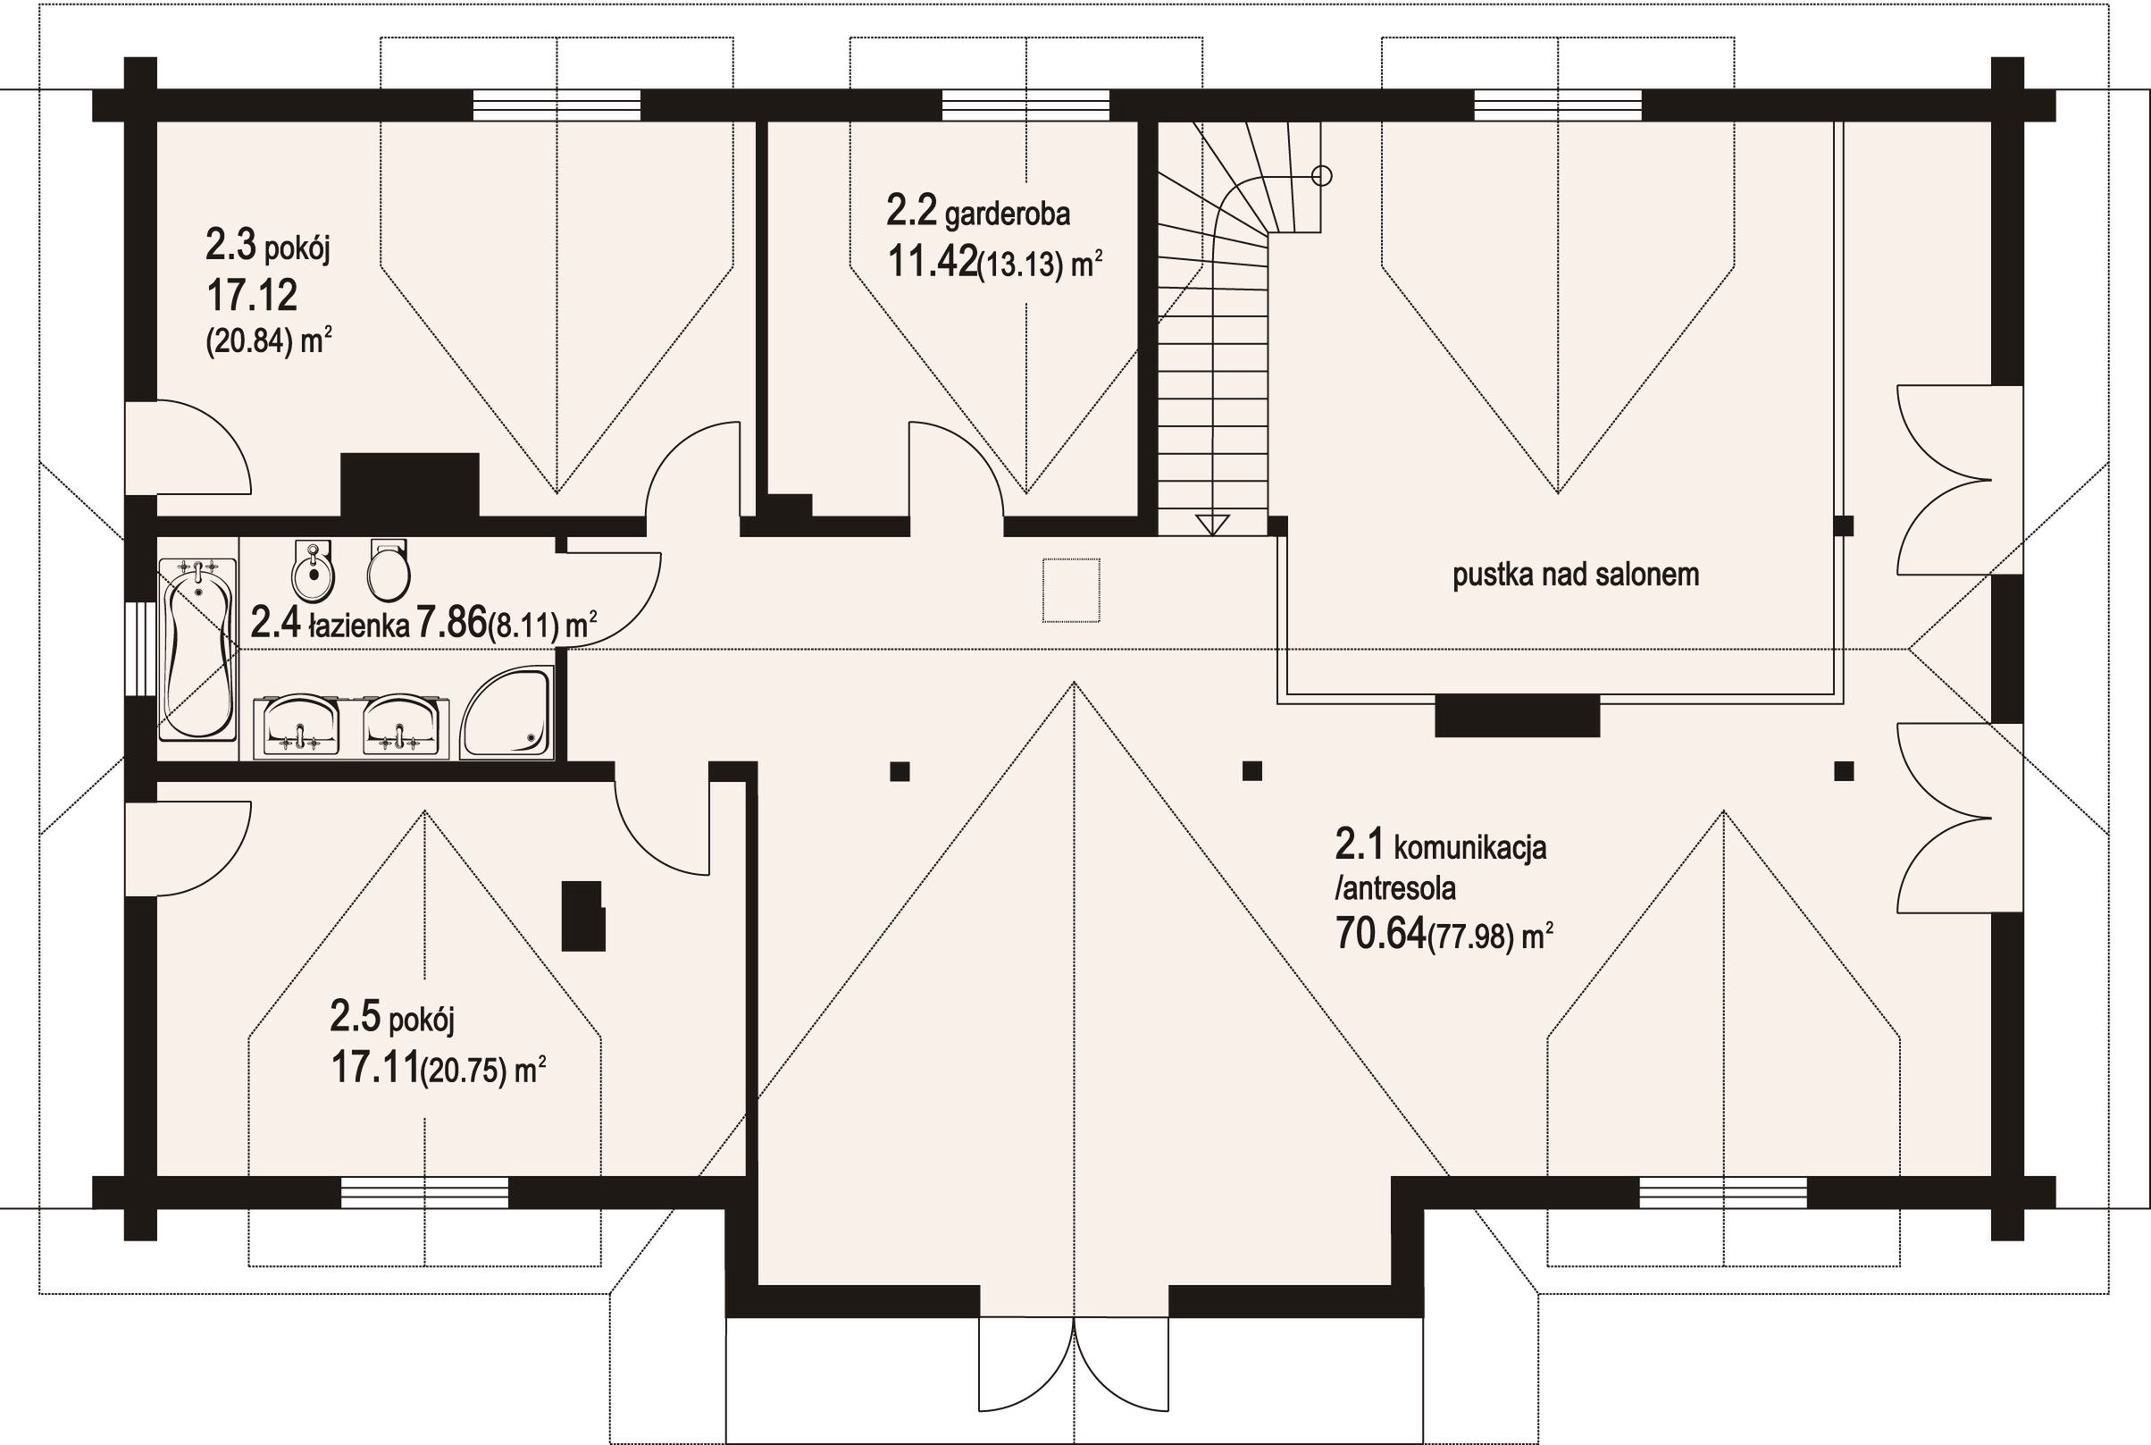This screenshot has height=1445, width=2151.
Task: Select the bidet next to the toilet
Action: (x=314, y=568)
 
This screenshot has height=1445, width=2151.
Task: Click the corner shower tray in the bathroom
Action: (x=506, y=713)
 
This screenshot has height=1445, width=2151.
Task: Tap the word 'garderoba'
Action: (x=1008, y=214)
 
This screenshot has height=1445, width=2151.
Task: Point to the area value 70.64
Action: (x=1380, y=935)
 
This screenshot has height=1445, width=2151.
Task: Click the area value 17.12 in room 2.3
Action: (x=252, y=296)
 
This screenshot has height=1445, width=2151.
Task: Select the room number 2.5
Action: (x=356, y=1020)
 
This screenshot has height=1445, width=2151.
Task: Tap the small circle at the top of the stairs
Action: (x=1322, y=175)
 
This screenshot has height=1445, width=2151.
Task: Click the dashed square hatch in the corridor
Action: (x=1071, y=590)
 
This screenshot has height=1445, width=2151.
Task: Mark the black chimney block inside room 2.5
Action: (x=583, y=915)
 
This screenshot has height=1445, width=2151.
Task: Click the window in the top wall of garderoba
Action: (x=1025, y=105)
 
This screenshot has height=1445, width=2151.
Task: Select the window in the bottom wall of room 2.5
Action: (x=424, y=1192)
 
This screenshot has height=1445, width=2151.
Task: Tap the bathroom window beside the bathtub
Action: (x=141, y=648)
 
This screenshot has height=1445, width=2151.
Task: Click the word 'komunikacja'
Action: (x=1470, y=848)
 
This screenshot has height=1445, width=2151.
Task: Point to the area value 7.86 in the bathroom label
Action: (x=451, y=624)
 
